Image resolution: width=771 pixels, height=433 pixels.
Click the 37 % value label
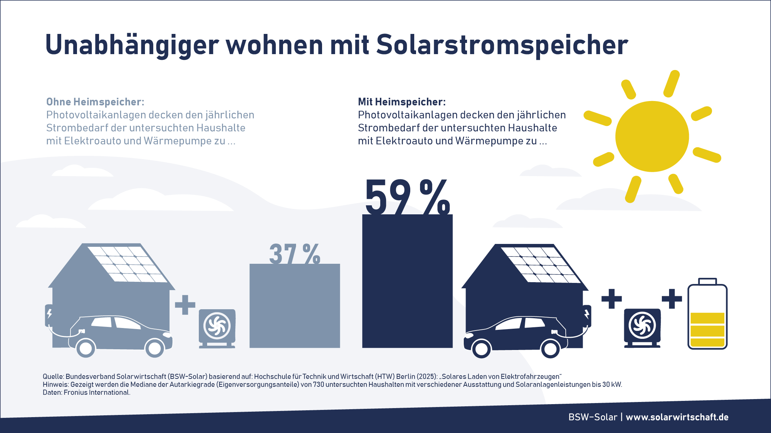click(x=295, y=254)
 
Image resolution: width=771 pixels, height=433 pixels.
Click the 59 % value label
click(x=407, y=197)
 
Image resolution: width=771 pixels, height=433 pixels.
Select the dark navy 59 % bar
click(x=407, y=281)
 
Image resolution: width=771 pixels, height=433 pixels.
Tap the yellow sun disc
click(x=652, y=136)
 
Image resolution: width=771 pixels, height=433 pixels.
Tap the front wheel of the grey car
click(x=155, y=348)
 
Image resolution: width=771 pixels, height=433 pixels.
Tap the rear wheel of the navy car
click(x=550, y=349)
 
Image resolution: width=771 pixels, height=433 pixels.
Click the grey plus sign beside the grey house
click(x=185, y=305)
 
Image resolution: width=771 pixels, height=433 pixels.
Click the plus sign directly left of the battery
click(x=672, y=299)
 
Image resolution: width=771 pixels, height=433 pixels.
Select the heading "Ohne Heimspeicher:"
click(x=95, y=102)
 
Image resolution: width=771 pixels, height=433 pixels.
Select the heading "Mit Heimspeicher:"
click(x=402, y=102)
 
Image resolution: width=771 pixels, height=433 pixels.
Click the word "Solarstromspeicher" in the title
click(x=502, y=45)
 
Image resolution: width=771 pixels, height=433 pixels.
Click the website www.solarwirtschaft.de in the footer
click(x=677, y=417)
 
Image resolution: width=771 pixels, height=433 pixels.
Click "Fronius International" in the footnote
click(x=97, y=393)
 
